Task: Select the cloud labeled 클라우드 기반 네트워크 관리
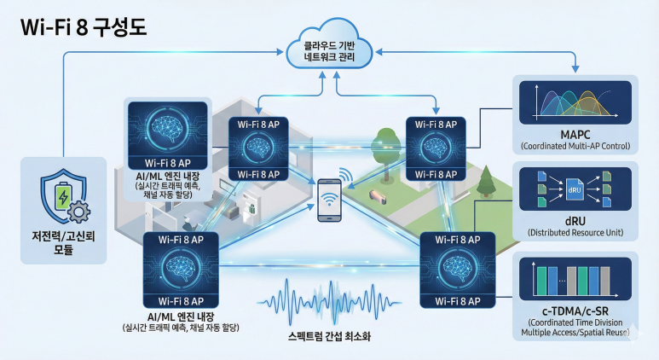pos(330,50)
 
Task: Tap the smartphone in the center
pos(328,202)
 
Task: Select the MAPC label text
pos(575,135)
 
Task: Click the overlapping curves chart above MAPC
pos(575,102)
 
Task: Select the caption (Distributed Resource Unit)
pos(575,232)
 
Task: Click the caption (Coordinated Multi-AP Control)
pos(575,147)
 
